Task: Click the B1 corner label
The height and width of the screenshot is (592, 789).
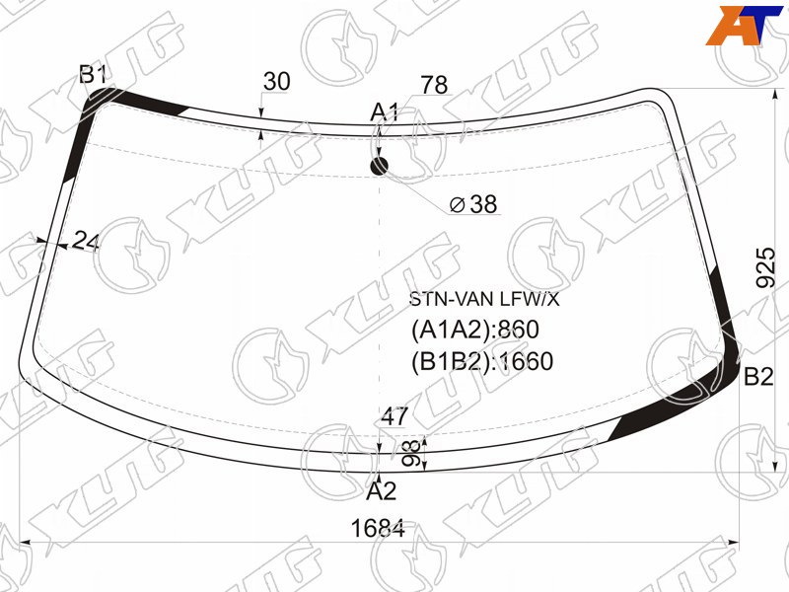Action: coord(93,75)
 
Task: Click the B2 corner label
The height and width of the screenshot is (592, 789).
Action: coord(757,376)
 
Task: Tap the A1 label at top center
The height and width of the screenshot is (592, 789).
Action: coord(385,112)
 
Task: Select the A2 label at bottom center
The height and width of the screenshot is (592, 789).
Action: coord(382,490)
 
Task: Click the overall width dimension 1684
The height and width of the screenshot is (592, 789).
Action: coord(378,529)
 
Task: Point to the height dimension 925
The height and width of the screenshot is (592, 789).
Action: coord(765,266)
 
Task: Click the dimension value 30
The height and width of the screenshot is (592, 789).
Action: coord(277,81)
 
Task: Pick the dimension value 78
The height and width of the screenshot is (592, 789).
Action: coord(434,85)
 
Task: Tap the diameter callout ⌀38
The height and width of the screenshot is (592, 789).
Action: coord(473,204)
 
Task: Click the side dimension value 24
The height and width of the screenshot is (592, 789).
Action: coord(86,241)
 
